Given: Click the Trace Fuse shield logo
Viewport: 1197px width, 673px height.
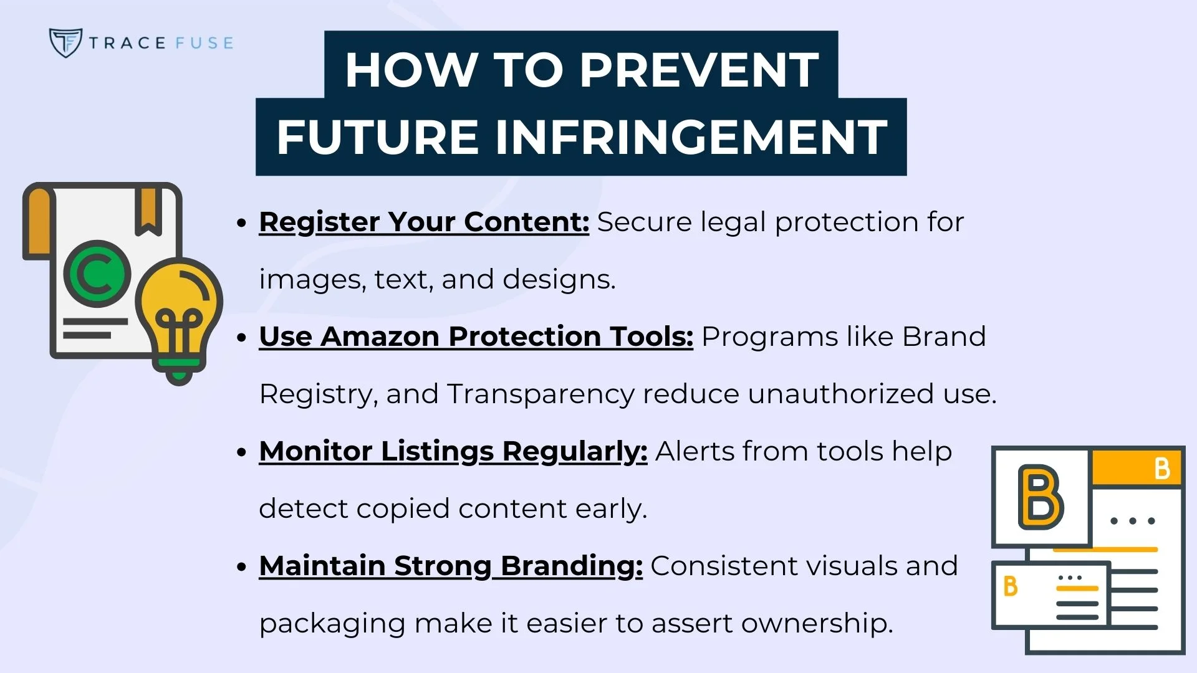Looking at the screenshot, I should point(65,42).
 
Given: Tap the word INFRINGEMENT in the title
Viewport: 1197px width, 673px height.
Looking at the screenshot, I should point(691,136).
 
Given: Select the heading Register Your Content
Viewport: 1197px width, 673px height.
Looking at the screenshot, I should point(424,222).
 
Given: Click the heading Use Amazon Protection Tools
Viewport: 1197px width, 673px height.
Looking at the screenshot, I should point(476,336).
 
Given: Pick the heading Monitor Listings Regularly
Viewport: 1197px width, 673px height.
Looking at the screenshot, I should point(453,451).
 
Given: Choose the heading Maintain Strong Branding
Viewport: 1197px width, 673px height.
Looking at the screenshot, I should point(450,566).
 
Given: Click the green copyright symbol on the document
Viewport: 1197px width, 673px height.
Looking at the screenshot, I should point(97,274).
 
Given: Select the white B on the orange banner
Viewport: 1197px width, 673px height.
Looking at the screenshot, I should point(1161,469).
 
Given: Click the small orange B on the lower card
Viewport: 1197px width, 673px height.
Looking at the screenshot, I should point(1010,586).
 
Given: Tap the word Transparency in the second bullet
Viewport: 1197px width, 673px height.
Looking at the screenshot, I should point(541,394).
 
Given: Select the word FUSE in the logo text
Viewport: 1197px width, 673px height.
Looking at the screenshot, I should point(204,43).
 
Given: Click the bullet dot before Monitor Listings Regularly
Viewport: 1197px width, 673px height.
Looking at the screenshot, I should point(243,452).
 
